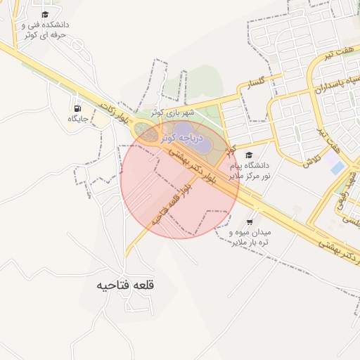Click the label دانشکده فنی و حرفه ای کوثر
click(x=45, y=29)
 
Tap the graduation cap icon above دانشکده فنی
click(x=45, y=14)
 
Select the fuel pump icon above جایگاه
click(x=76, y=108)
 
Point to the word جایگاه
click(x=77, y=119)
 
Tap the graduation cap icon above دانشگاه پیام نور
click(x=248, y=155)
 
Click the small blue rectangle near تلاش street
click(x=337, y=168)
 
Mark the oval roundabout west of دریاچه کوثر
click(x=145, y=131)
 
